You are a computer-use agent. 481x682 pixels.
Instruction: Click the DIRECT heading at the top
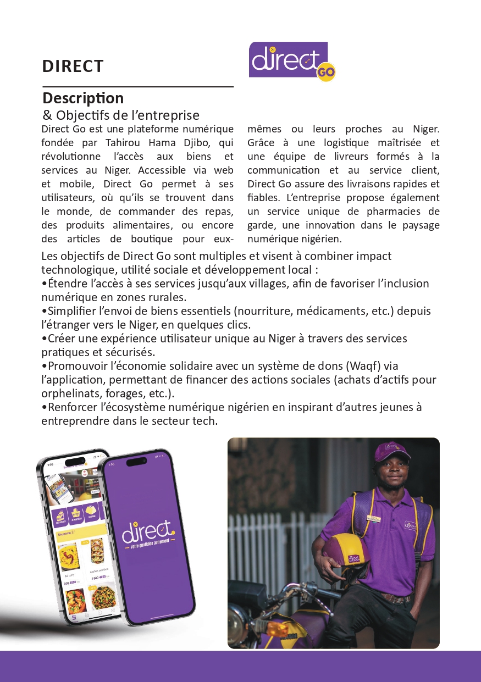(x=73, y=66)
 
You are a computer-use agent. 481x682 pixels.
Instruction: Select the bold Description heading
(x=83, y=98)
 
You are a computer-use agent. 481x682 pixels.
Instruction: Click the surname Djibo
(x=202, y=143)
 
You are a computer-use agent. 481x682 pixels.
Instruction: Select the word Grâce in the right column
(x=261, y=143)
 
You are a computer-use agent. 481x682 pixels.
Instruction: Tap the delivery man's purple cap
(x=392, y=452)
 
